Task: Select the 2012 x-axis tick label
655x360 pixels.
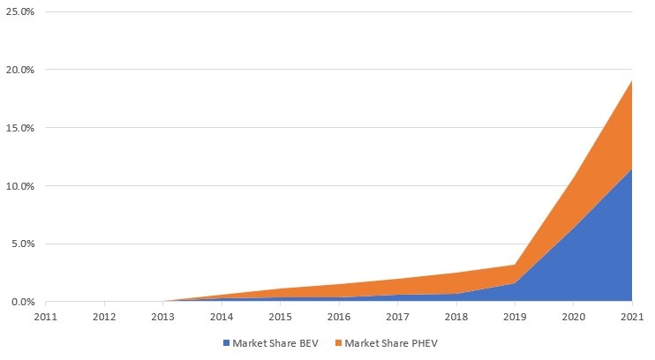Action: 104,316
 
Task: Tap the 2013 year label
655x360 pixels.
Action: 162,316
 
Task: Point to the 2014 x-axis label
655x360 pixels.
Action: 222,316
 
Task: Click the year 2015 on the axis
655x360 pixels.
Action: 280,316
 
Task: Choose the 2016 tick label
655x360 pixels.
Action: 339,316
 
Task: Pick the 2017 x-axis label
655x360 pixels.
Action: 397,316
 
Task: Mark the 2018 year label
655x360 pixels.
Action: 456,316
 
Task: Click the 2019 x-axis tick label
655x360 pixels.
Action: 515,316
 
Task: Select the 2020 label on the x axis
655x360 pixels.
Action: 574,316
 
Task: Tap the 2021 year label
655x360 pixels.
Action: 632,316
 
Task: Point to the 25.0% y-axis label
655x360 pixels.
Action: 19,11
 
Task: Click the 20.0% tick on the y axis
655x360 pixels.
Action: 19,70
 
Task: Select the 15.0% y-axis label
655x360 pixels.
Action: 19,128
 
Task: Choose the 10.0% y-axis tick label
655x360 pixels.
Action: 19,186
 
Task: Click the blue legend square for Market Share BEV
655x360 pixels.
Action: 226,342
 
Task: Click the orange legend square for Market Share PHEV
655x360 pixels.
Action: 338,342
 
